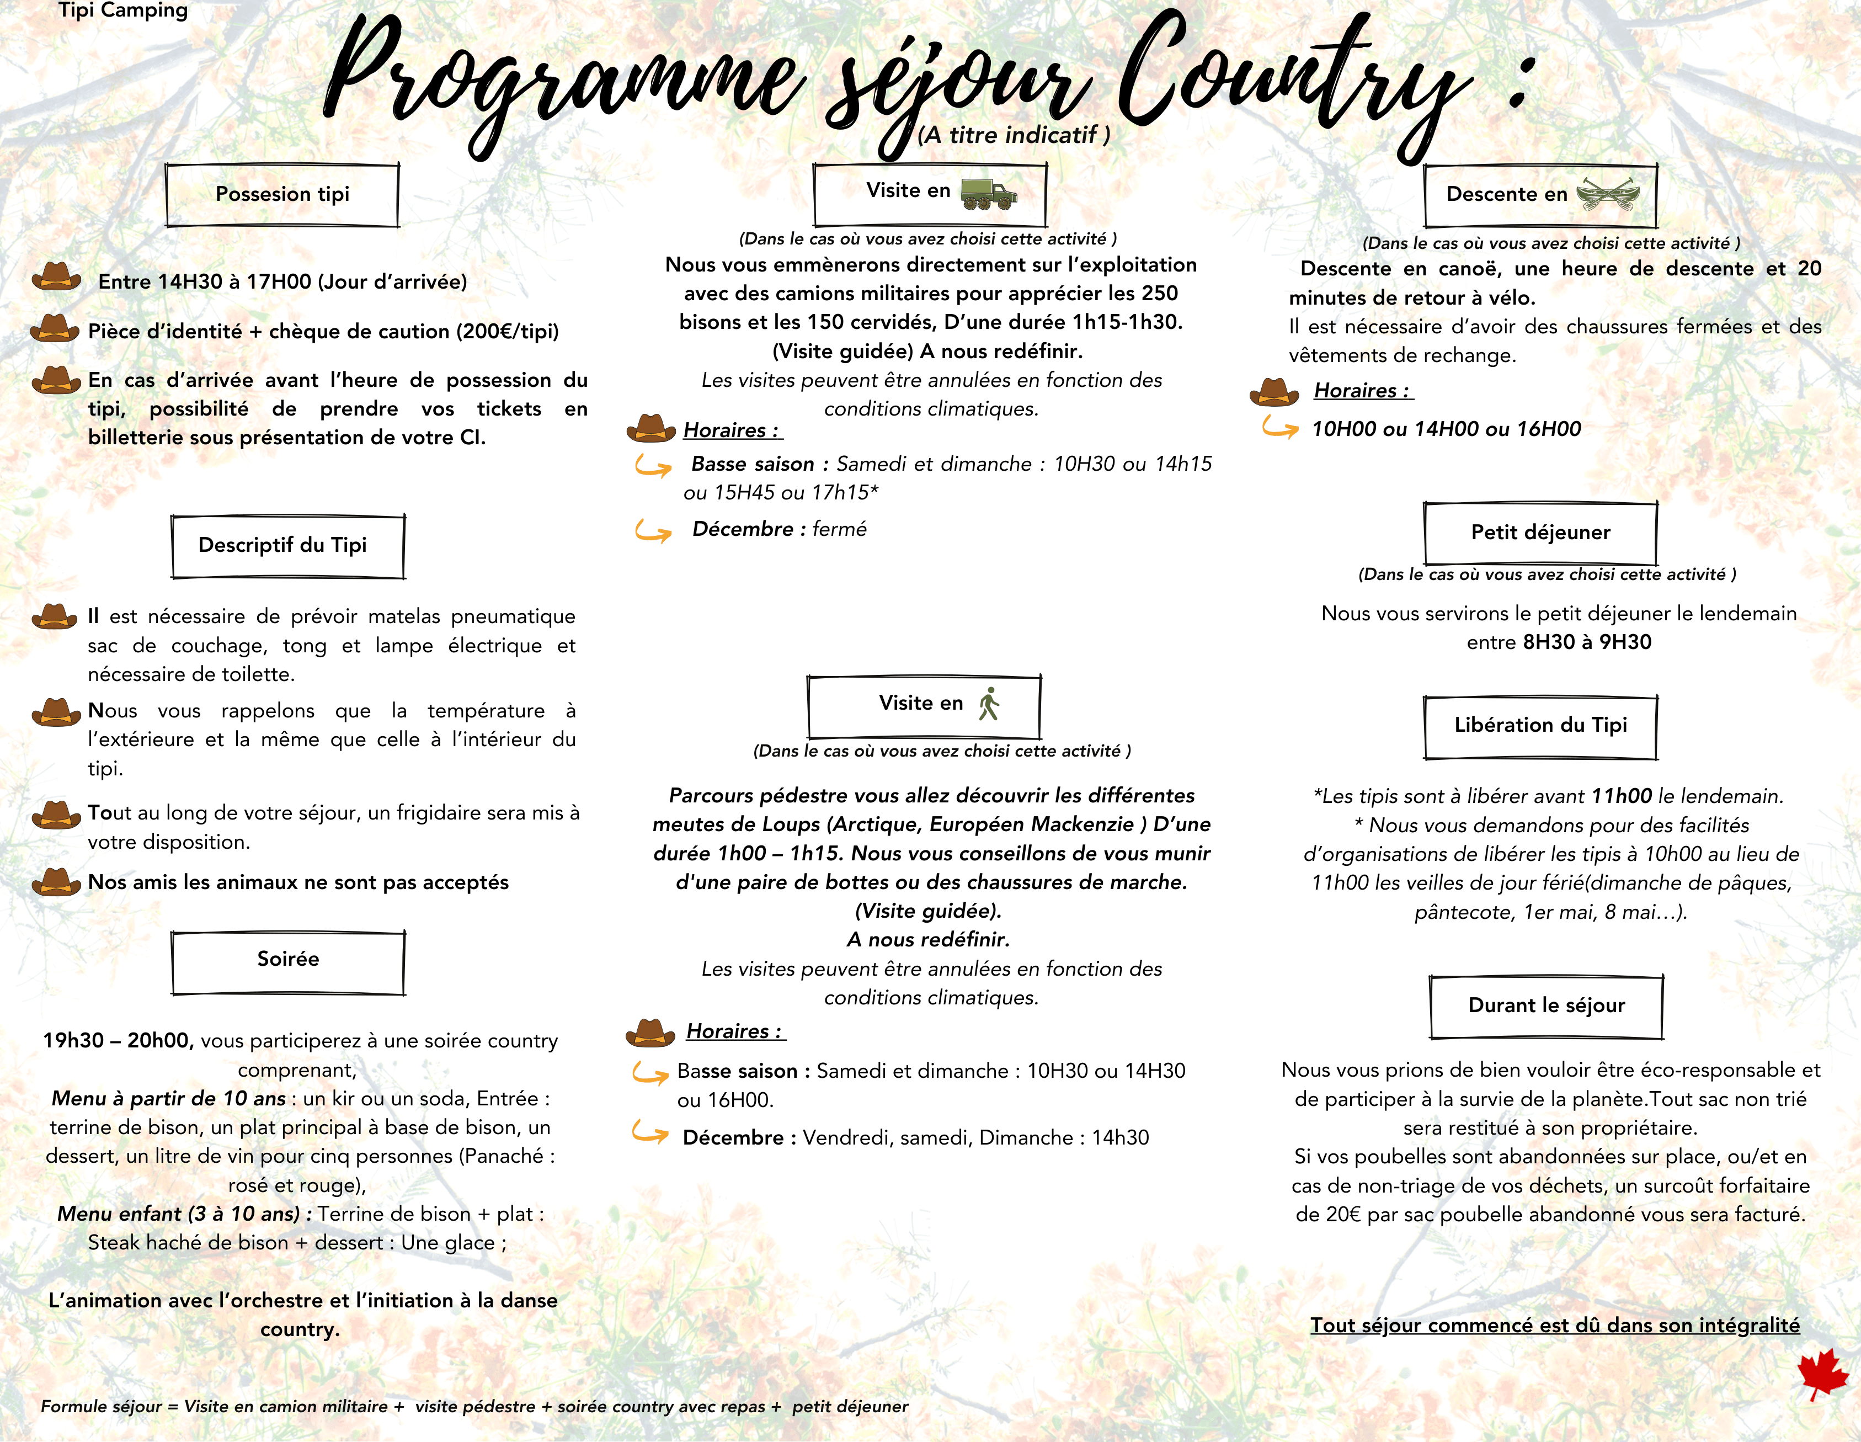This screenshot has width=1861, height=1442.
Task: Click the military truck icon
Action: [989, 194]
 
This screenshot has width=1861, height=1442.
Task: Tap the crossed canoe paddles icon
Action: [1607, 194]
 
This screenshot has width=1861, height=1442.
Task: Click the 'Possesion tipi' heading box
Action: [282, 195]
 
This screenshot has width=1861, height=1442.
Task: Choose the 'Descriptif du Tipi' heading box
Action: [287, 545]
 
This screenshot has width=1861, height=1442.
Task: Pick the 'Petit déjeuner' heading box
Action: [1540, 533]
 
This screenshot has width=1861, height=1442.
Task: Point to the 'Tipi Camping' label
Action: [122, 11]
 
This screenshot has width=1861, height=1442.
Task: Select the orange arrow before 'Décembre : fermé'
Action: [653, 531]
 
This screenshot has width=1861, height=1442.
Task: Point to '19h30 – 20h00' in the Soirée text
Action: [118, 1041]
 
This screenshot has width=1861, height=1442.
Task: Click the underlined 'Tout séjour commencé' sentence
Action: [1554, 1325]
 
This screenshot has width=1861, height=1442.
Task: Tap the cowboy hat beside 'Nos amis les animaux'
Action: [56, 881]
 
